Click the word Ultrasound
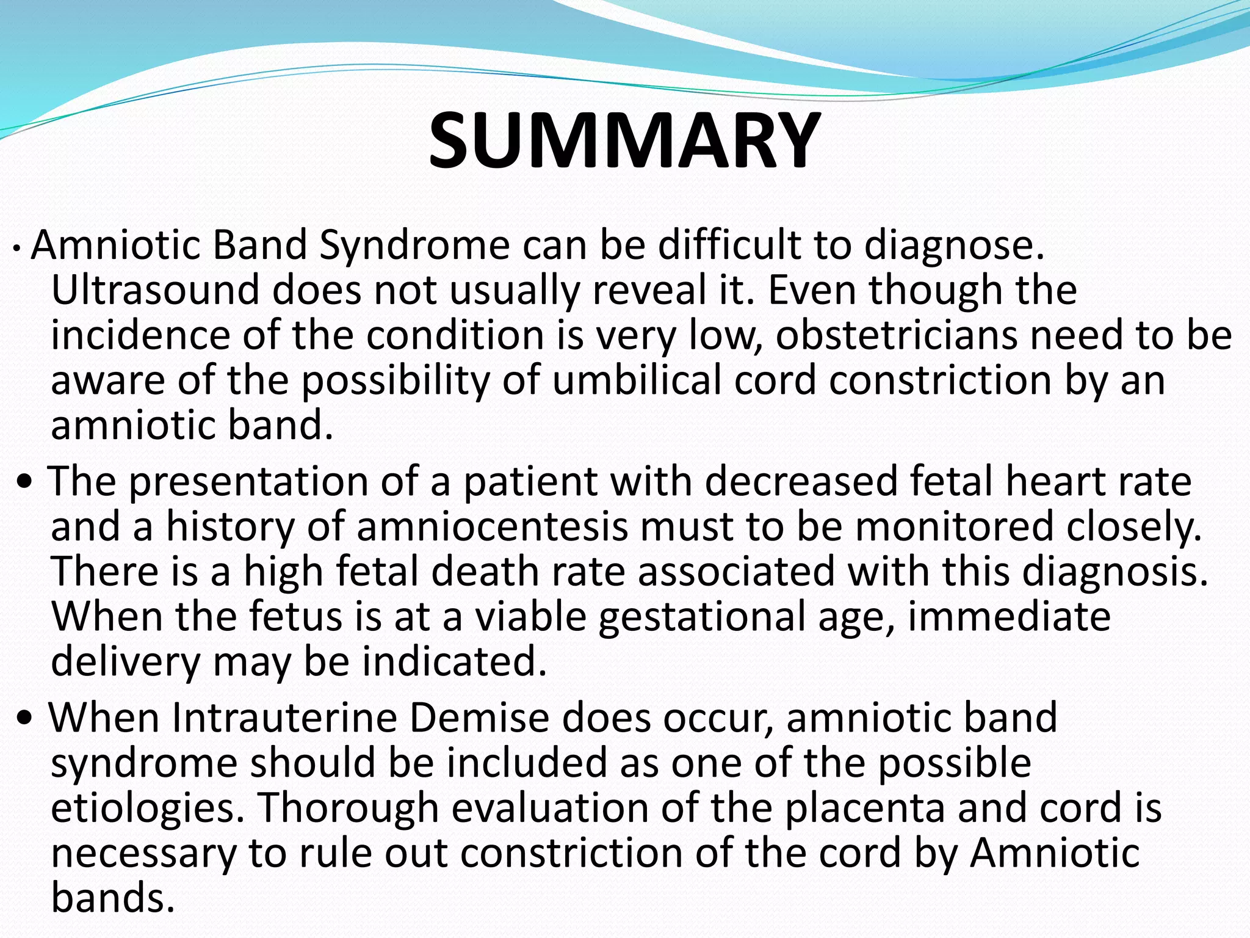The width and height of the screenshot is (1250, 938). pos(155,290)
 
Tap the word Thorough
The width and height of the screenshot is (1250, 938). pos(349,808)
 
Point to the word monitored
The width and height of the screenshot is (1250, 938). pos(954,527)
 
